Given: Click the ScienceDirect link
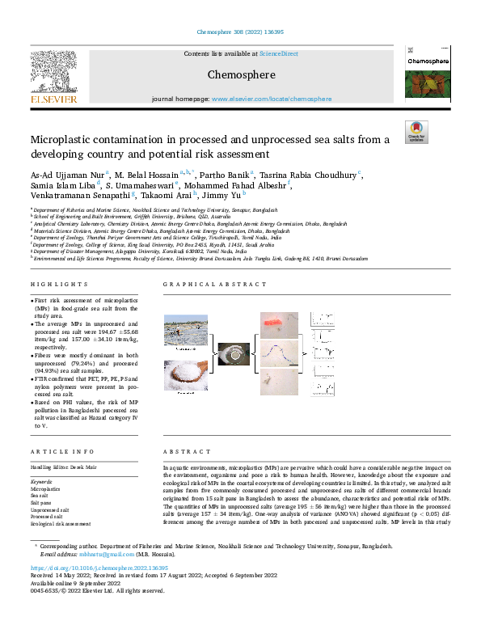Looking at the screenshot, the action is pos(278,53).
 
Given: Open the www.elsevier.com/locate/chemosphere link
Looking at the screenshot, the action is pos(271,99).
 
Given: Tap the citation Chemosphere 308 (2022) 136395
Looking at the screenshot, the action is pos(240,33).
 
